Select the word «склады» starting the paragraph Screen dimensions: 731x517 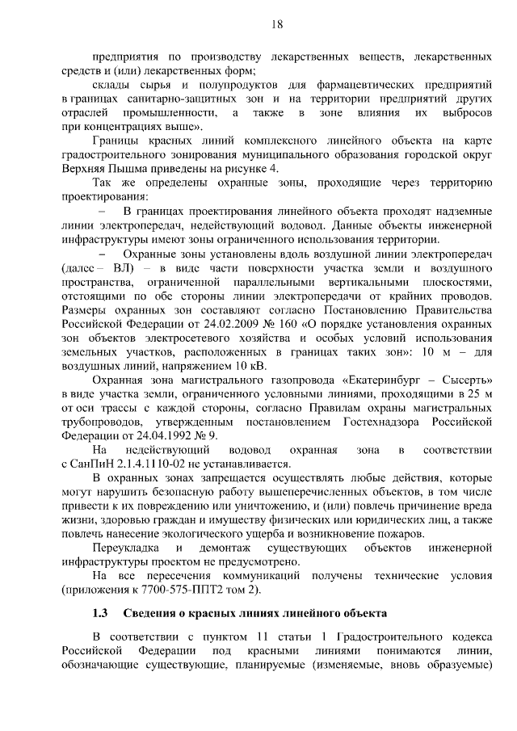point(114,84)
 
